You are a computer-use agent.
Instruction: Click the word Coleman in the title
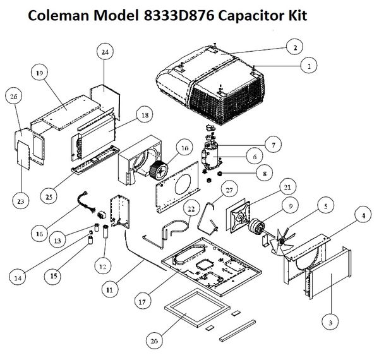click(59, 15)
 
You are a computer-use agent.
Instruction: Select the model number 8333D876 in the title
click(179, 15)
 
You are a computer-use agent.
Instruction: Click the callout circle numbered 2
click(294, 47)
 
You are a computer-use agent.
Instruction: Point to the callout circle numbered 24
click(105, 52)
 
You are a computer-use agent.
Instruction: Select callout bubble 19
click(39, 73)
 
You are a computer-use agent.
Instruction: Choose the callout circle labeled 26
click(13, 97)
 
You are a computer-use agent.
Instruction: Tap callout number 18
click(145, 114)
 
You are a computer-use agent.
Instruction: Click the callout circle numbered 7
click(273, 145)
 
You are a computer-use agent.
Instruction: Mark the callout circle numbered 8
click(265, 173)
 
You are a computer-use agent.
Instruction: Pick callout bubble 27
click(229, 189)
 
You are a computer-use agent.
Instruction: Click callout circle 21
click(287, 187)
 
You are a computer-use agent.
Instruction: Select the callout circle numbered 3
click(330, 322)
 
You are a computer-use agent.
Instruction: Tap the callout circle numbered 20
click(154, 341)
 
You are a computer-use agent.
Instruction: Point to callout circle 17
click(142, 301)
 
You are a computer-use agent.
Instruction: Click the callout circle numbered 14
click(18, 278)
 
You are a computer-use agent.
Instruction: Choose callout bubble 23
click(21, 201)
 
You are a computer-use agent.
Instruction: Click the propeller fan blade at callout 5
click(282, 240)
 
